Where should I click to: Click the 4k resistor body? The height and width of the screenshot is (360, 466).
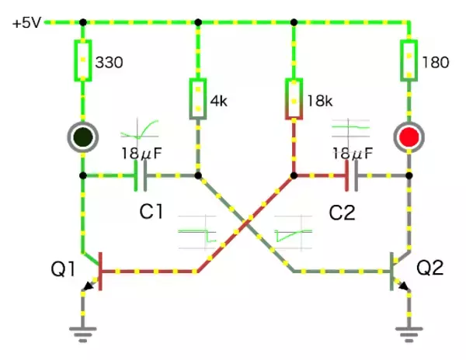pyautogui.click(x=198, y=99)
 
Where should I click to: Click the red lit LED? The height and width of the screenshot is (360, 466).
pyautogui.click(x=408, y=137)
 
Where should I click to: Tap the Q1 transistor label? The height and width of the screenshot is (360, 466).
pyautogui.click(x=63, y=269)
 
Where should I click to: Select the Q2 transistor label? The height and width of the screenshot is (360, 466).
pyautogui.click(x=429, y=268)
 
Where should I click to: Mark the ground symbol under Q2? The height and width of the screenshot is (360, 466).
pyautogui.click(x=408, y=334)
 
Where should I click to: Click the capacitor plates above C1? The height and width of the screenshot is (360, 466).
pyautogui.click(x=141, y=175)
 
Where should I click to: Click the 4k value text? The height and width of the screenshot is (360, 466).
pyautogui.click(x=221, y=101)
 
